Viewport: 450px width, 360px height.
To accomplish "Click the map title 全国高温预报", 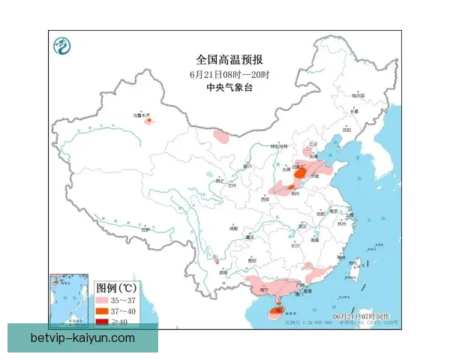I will tap(229, 59).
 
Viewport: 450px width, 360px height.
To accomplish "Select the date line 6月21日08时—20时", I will tap(229, 74).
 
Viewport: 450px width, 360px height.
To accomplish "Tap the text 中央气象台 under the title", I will tap(229, 88).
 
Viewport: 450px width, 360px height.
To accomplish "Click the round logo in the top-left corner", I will tap(61, 46).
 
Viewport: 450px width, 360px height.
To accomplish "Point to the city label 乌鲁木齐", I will tap(142, 115).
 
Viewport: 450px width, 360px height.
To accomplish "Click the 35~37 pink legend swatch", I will tap(104, 299).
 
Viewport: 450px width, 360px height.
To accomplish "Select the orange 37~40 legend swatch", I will tap(104, 310).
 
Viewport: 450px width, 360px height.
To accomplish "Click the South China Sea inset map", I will tap(70, 300).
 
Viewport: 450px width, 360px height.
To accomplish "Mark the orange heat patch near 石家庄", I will tap(300, 173).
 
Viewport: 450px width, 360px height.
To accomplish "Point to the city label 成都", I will tap(233, 227).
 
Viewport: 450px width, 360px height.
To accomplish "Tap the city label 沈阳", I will tap(346, 129).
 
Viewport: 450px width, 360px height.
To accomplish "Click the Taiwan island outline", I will tap(355, 265).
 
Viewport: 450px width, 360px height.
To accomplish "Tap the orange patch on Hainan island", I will tap(276, 307).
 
